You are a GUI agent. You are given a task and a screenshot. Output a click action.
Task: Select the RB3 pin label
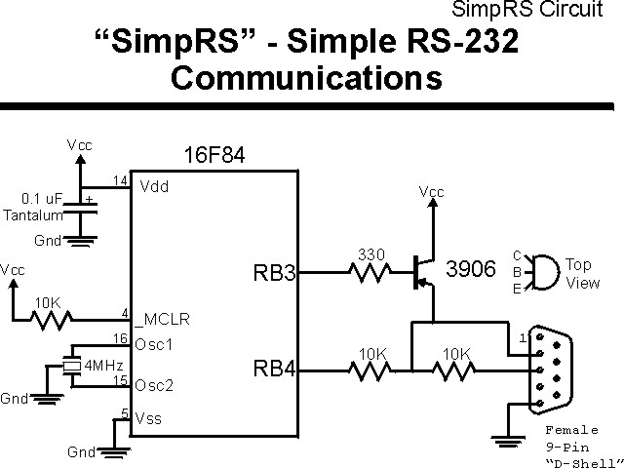276,274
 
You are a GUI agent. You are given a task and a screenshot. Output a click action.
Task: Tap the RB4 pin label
276,370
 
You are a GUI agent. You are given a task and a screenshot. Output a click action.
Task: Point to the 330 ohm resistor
371,273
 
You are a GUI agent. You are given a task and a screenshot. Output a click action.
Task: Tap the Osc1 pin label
156,344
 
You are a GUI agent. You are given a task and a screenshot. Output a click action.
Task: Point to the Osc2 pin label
156,385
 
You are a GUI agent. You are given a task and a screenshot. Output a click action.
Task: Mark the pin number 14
122,181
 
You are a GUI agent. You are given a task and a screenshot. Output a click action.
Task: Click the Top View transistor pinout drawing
549,271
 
